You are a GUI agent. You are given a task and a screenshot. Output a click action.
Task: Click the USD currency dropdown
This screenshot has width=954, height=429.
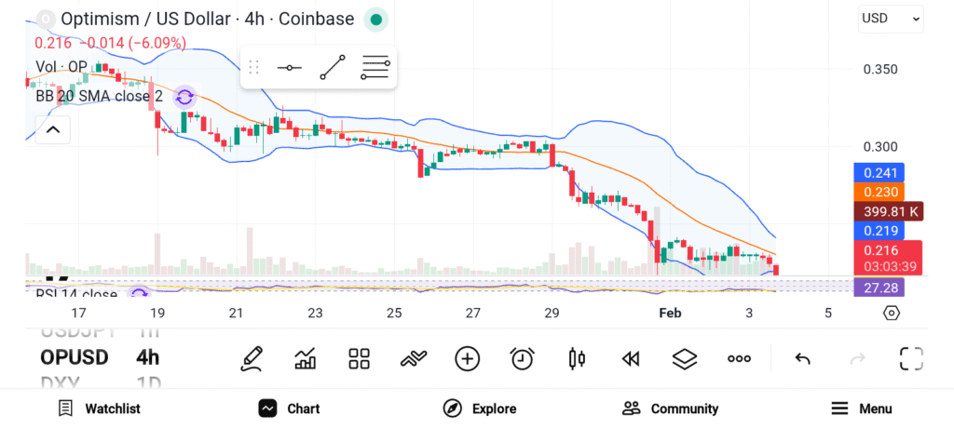click(x=890, y=18)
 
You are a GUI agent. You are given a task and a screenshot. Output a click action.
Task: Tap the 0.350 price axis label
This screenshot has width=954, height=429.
click(x=880, y=69)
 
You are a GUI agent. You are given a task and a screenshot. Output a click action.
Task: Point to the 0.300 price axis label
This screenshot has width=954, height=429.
click(x=880, y=146)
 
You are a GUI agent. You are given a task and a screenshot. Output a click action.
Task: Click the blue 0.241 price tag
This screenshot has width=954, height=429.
click(x=879, y=172)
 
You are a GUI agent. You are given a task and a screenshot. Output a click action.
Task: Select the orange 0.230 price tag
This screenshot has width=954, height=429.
click(x=879, y=192)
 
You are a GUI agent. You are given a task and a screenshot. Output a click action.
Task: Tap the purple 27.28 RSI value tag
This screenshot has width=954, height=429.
click(x=879, y=288)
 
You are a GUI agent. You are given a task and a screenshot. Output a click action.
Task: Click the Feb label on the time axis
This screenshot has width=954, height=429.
click(x=670, y=313)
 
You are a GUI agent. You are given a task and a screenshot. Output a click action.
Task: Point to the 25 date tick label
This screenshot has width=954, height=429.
click(x=394, y=313)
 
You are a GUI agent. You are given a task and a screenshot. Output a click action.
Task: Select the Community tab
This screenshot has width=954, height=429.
click(x=670, y=409)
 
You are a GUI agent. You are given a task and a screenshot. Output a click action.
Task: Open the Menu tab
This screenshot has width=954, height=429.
click(x=861, y=409)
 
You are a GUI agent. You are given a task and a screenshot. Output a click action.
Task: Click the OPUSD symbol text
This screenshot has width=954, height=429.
click(x=75, y=357)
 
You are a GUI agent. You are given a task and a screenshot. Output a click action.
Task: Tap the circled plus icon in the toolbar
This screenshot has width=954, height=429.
click(x=468, y=358)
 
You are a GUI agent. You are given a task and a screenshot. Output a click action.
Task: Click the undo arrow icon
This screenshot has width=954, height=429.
click(x=802, y=358)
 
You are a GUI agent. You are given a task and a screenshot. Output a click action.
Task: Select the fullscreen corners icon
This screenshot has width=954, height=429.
click(x=910, y=358)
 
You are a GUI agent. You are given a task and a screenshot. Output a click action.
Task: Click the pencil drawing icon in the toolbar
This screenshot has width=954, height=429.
click(x=251, y=358)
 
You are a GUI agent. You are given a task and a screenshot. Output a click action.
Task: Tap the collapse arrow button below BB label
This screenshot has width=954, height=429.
click(x=52, y=129)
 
